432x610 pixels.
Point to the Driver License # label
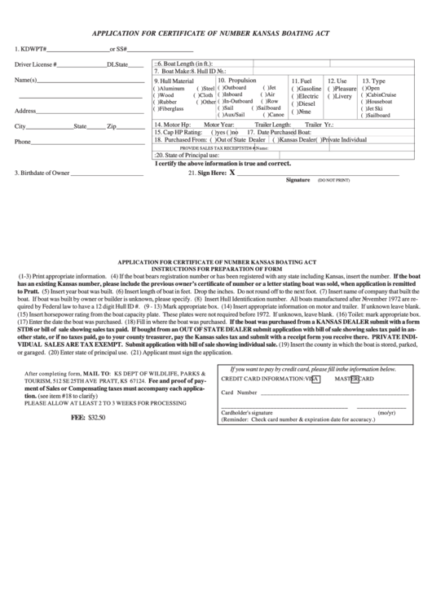(x=36, y=64)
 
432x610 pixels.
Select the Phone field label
(x=23, y=142)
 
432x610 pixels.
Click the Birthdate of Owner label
(x=42, y=173)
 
